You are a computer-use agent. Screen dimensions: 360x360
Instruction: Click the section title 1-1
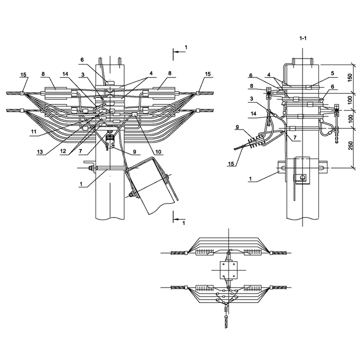(x=303, y=38)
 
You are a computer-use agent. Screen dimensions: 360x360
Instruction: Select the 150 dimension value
(x=349, y=77)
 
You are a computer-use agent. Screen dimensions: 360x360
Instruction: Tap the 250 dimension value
(x=350, y=145)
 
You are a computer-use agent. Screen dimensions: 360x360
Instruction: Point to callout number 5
(x=332, y=73)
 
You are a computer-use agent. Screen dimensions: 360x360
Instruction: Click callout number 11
(x=34, y=131)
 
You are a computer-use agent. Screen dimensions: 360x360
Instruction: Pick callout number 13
(x=39, y=152)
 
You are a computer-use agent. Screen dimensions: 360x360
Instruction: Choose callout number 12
(x=63, y=151)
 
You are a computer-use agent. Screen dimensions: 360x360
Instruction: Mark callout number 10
(x=158, y=152)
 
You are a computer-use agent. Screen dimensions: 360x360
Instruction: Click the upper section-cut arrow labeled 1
(x=179, y=52)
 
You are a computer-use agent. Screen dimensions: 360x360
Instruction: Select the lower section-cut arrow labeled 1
(x=179, y=219)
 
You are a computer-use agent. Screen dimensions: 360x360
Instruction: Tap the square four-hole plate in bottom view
(x=228, y=270)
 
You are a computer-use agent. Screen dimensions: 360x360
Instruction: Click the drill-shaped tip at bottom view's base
(x=226, y=321)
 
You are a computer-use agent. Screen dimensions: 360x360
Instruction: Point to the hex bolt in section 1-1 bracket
(x=302, y=177)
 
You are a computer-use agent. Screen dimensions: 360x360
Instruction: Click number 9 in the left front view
(x=134, y=152)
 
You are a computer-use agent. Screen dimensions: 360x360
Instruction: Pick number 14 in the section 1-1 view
(x=253, y=113)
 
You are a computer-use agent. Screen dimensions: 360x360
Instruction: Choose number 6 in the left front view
(x=82, y=60)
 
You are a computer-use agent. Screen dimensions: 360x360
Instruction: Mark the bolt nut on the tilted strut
(x=132, y=194)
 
